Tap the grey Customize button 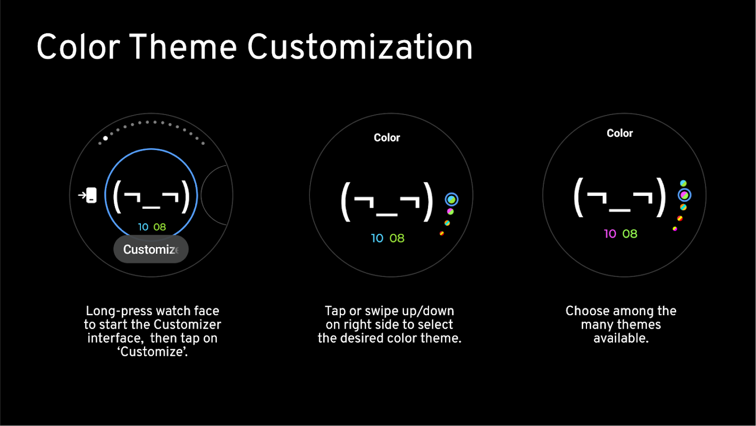[x=151, y=249]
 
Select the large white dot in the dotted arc [x=106, y=138]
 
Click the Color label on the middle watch [x=387, y=137]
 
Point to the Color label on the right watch [x=620, y=133]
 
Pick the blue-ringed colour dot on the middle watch [x=451, y=200]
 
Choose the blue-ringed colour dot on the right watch [x=684, y=195]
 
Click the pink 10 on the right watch [x=610, y=234]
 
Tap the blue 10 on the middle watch [x=377, y=238]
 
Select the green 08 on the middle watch [x=397, y=238]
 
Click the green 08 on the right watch [x=630, y=234]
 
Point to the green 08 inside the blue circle [x=159, y=227]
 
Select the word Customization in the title [x=360, y=47]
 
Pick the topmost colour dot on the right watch [x=683, y=183]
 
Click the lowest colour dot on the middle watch [x=442, y=233]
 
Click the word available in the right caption [x=621, y=338]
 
